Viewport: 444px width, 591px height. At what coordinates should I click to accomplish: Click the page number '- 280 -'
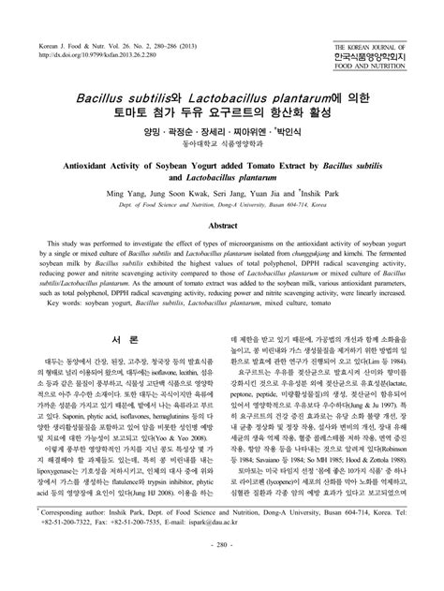pos(222,570)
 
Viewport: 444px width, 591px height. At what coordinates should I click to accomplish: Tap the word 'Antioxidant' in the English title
pos(93,161)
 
